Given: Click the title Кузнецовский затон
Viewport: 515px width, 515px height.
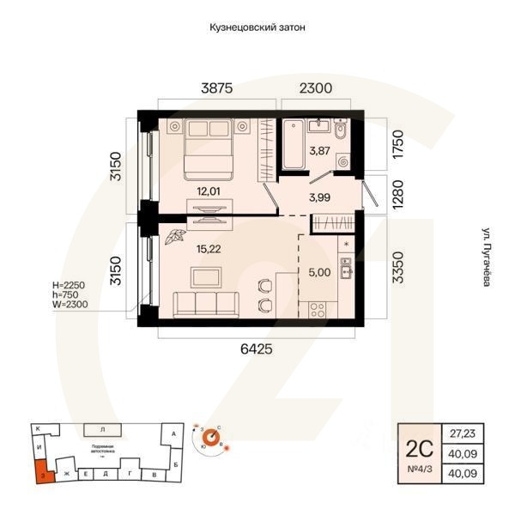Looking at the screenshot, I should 257,27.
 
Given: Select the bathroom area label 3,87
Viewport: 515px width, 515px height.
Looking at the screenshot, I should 319,151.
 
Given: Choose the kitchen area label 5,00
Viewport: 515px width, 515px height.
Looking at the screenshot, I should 319,273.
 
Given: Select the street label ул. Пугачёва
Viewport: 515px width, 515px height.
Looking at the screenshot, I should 486,257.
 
